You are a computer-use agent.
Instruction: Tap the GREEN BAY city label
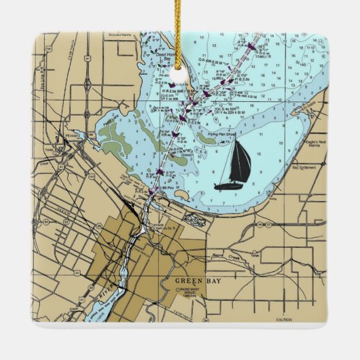tap(195, 281)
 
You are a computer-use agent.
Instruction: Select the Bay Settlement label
tap(304, 166)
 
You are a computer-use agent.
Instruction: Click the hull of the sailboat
tap(232, 185)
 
